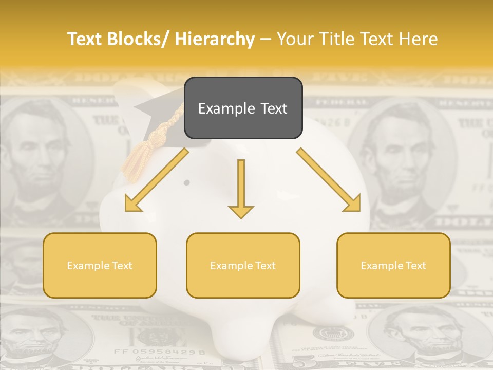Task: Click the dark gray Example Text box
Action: pyautogui.click(x=243, y=108)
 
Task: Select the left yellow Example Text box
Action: pyautogui.click(x=100, y=265)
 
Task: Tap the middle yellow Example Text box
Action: pyautogui.click(x=243, y=265)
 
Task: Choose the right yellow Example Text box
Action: pyautogui.click(x=393, y=265)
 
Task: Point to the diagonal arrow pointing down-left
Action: pyautogui.click(x=156, y=181)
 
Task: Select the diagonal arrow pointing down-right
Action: pyautogui.click(x=329, y=180)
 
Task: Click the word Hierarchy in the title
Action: pyautogui.click(x=215, y=39)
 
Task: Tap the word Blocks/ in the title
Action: pyautogui.click(x=138, y=39)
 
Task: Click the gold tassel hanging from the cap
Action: pyautogui.click(x=135, y=159)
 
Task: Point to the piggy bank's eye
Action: pyautogui.click(x=186, y=182)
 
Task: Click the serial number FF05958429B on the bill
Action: pyautogui.click(x=160, y=353)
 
